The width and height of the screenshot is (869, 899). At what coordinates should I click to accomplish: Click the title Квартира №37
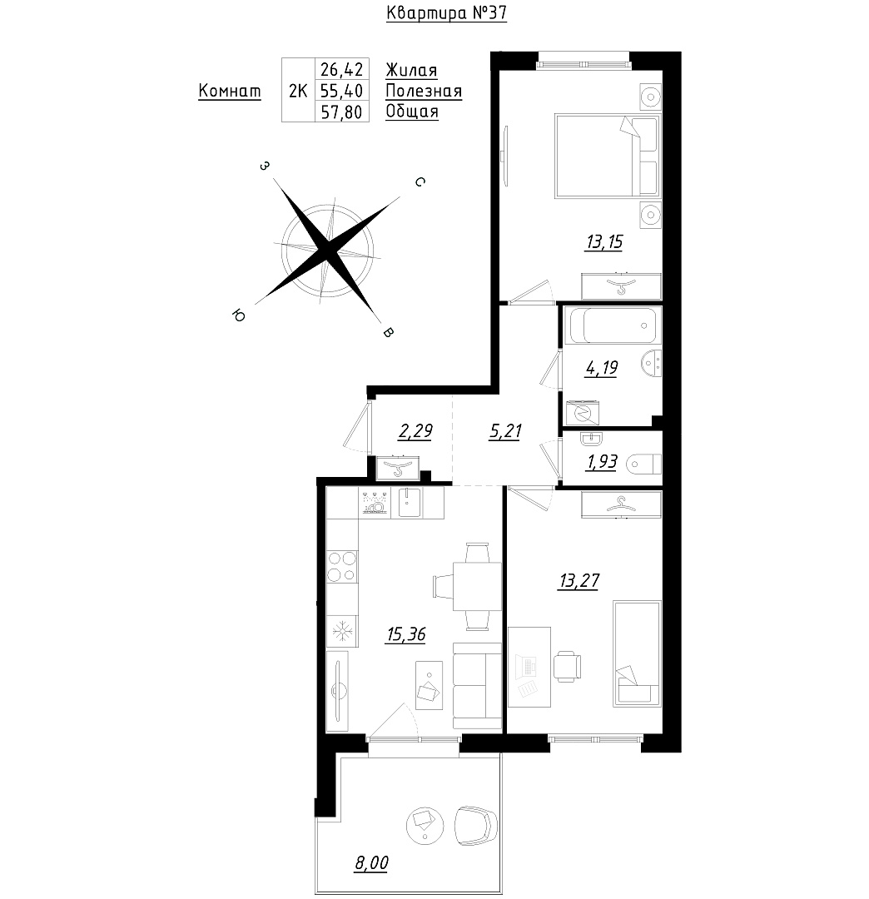point(446,13)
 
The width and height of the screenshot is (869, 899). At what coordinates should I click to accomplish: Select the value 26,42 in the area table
point(341,70)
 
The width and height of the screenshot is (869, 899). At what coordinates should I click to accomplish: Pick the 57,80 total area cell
point(341,112)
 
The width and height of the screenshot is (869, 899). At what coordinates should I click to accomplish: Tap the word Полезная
point(424,92)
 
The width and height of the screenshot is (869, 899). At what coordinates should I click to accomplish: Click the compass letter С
point(420,181)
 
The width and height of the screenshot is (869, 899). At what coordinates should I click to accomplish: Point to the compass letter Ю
point(238,314)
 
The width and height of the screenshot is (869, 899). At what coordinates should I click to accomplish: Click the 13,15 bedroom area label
point(604,242)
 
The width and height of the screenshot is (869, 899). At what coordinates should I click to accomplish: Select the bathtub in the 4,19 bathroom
point(612,325)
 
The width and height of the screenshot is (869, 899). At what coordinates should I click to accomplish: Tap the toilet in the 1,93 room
point(643,464)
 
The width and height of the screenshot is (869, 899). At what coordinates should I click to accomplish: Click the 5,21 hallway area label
point(505,431)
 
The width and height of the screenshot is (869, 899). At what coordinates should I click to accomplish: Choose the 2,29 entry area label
point(415,431)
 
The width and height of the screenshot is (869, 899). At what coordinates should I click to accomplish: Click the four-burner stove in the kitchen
point(342,567)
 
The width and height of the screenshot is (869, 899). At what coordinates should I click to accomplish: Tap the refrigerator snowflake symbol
point(342,632)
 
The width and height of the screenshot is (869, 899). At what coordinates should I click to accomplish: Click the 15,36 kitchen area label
point(406,634)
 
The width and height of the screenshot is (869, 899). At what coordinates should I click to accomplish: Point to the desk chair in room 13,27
point(567,666)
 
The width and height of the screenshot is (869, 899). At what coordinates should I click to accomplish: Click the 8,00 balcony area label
point(371,863)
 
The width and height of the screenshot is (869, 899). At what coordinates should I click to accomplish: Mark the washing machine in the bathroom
point(583,413)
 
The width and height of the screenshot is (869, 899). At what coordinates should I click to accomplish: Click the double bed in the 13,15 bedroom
point(608,156)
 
